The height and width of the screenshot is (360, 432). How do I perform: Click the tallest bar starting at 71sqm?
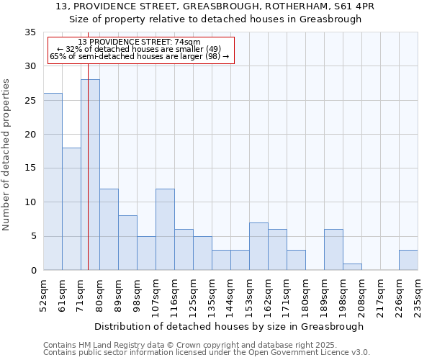click(90, 175)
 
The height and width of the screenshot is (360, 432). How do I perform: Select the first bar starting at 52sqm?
click(53, 181)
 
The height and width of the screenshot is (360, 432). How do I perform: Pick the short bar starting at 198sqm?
click(352, 266)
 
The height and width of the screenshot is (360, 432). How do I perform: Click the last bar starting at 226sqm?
click(408, 260)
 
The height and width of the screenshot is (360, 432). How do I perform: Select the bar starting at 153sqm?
click(258, 246)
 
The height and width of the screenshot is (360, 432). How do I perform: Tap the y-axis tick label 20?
click(30, 135)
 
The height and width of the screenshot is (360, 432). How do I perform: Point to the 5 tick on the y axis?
click(33, 237)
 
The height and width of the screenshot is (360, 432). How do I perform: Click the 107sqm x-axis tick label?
click(156, 294)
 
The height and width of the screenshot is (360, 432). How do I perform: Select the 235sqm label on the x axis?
click(418, 294)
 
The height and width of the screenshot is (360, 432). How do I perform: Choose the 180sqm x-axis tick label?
click(305, 294)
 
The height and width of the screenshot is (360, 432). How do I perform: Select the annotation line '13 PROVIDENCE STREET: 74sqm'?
click(140, 42)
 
